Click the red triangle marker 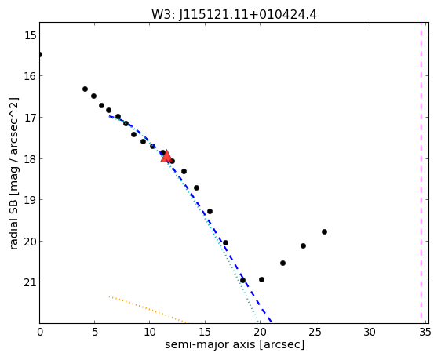click(x=166, y=156)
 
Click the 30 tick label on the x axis click(x=370, y=333)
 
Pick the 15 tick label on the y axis click(x=30, y=35)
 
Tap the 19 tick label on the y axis click(x=30, y=200)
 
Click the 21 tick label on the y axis click(x=30, y=282)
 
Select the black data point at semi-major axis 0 click(x=40, y=55)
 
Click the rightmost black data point click(x=324, y=232)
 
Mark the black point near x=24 click(x=303, y=246)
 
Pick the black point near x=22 click(x=283, y=263)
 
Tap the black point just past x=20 click(x=261, y=280)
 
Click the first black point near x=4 click(x=86, y=89)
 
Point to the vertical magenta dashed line click(x=421, y=170)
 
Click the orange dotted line click(x=148, y=309)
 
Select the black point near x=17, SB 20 click(x=225, y=243)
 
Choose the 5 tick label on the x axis click(x=95, y=333)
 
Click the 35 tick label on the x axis click(x=425, y=333)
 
